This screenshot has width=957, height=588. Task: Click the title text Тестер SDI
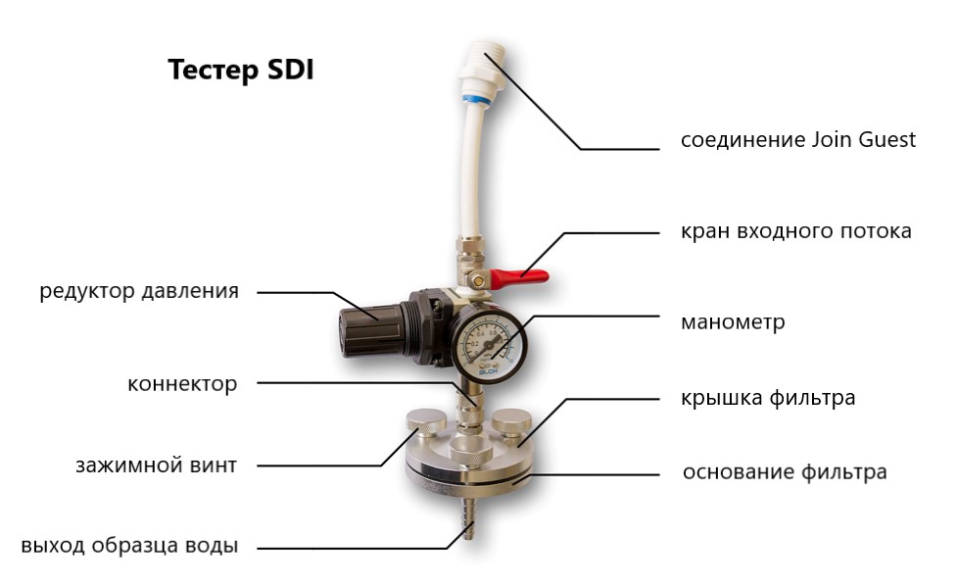tap(240, 71)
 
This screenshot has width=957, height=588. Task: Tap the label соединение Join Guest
tap(798, 140)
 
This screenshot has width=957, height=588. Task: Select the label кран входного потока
tap(796, 231)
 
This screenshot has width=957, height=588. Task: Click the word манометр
tap(733, 322)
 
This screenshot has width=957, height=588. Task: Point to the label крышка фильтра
tap(768, 398)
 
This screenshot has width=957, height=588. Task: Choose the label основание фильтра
tap(785, 472)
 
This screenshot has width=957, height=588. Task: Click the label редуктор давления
tap(139, 291)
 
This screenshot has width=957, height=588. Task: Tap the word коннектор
tap(182, 384)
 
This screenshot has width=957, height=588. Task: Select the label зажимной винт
tap(156, 465)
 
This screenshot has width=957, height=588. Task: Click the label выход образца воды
tap(129, 545)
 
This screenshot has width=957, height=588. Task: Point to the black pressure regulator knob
tap(368, 330)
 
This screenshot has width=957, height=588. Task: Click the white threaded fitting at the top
tap(482, 69)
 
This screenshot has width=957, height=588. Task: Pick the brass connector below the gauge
tap(469, 409)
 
